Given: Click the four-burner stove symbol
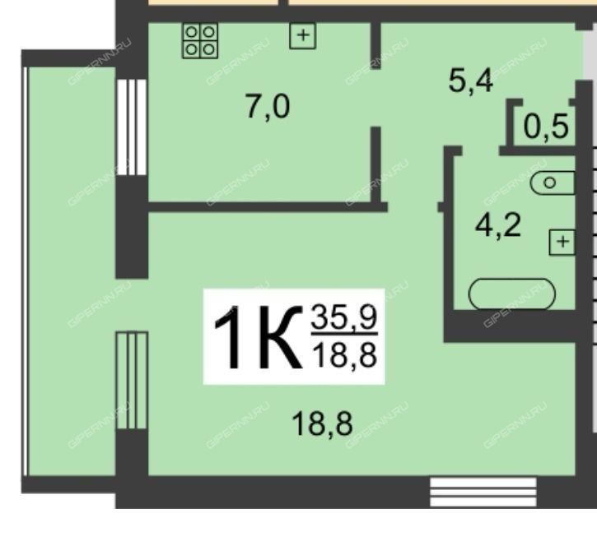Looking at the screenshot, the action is coord(200,41).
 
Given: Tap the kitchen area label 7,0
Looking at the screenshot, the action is coord(268,107).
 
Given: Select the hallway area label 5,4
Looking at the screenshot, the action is coord(470,81).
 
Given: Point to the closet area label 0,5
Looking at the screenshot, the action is coord(546,127).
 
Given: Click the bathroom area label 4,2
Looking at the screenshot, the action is coord(498,225).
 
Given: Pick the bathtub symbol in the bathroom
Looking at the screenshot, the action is coord(511,294).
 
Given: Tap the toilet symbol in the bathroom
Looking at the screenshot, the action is coord(553,183).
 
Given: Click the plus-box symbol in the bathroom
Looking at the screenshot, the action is coord(562,243).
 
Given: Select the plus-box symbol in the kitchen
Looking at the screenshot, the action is coord(303,35).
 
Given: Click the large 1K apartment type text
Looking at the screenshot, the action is coord(258,338).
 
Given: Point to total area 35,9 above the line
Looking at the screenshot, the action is coord(344,317).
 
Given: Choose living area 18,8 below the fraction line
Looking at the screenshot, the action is coord(344,354).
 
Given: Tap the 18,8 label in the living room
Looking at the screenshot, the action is coord(322,424).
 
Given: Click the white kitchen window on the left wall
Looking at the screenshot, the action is coord(132,127).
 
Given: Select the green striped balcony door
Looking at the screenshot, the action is coord(132,381).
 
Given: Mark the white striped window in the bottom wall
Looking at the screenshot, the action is coord(483,492).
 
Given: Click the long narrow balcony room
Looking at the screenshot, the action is coord(72,271).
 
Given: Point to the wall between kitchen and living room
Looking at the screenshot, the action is coord(268,207).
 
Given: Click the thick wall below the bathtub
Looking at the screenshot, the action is coord(511,326).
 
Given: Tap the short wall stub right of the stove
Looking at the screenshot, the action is coord(375,46).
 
